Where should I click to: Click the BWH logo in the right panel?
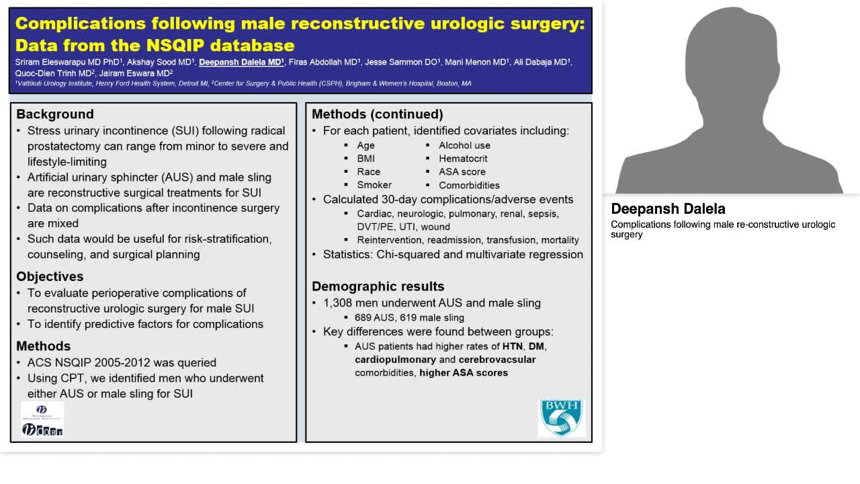click(562, 417)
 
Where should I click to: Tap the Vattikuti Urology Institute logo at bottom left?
click(42, 419)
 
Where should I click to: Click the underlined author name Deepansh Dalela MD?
click(241, 62)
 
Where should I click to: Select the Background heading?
click(55, 114)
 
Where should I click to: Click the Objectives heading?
click(50, 276)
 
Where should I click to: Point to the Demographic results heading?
click(378, 286)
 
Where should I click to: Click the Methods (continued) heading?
click(377, 114)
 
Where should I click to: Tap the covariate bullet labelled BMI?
click(365, 159)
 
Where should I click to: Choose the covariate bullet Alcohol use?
click(464, 145)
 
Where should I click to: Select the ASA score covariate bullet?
click(462, 171)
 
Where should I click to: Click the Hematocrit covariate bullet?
click(463, 159)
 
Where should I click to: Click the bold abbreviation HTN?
click(513, 346)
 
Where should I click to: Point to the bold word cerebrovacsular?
click(497, 360)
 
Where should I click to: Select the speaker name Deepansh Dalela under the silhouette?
click(668, 209)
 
